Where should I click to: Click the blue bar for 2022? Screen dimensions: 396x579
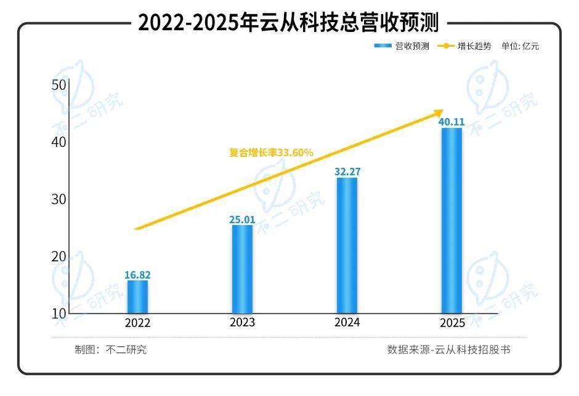137,297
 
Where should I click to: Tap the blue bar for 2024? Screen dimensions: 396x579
347,245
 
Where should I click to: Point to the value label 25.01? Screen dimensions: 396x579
242,219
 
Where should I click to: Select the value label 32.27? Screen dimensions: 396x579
347,172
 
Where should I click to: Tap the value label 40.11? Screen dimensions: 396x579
451,122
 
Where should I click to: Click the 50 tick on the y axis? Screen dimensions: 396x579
59,85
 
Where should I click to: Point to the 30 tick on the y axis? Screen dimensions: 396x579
59,199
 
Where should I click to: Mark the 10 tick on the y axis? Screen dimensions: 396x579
59,313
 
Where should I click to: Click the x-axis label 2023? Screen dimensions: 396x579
242,323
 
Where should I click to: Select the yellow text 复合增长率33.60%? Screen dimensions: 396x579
272,152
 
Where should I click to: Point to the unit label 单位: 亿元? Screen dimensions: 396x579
520,46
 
